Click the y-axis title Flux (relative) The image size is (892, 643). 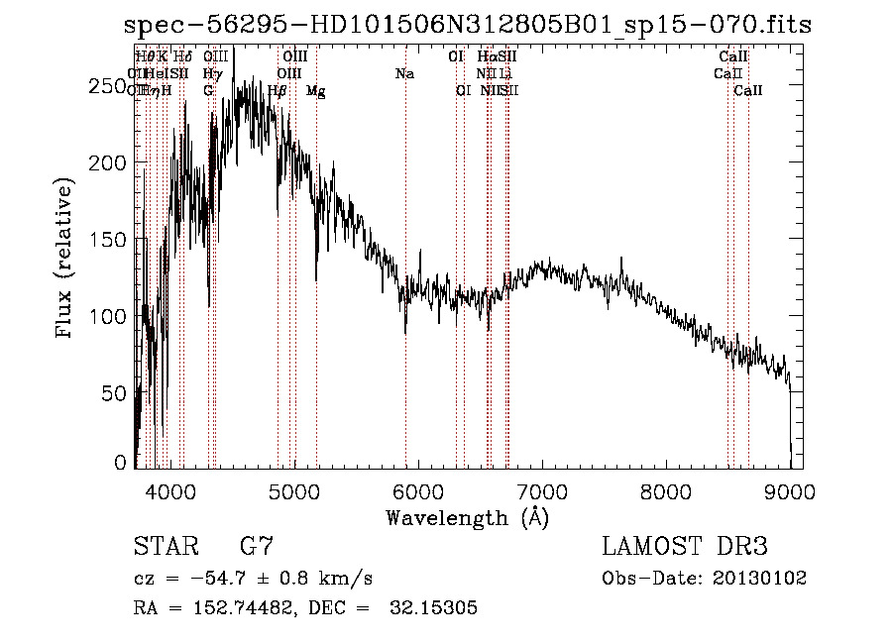tap(66, 260)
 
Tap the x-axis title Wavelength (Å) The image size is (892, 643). tap(467, 518)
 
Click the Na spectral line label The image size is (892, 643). tap(404, 74)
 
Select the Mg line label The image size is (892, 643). tap(315, 91)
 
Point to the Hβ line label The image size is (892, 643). tap(278, 91)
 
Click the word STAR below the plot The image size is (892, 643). tap(165, 547)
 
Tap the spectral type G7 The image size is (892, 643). tap(256, 547)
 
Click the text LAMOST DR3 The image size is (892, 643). tap(684, 547)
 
